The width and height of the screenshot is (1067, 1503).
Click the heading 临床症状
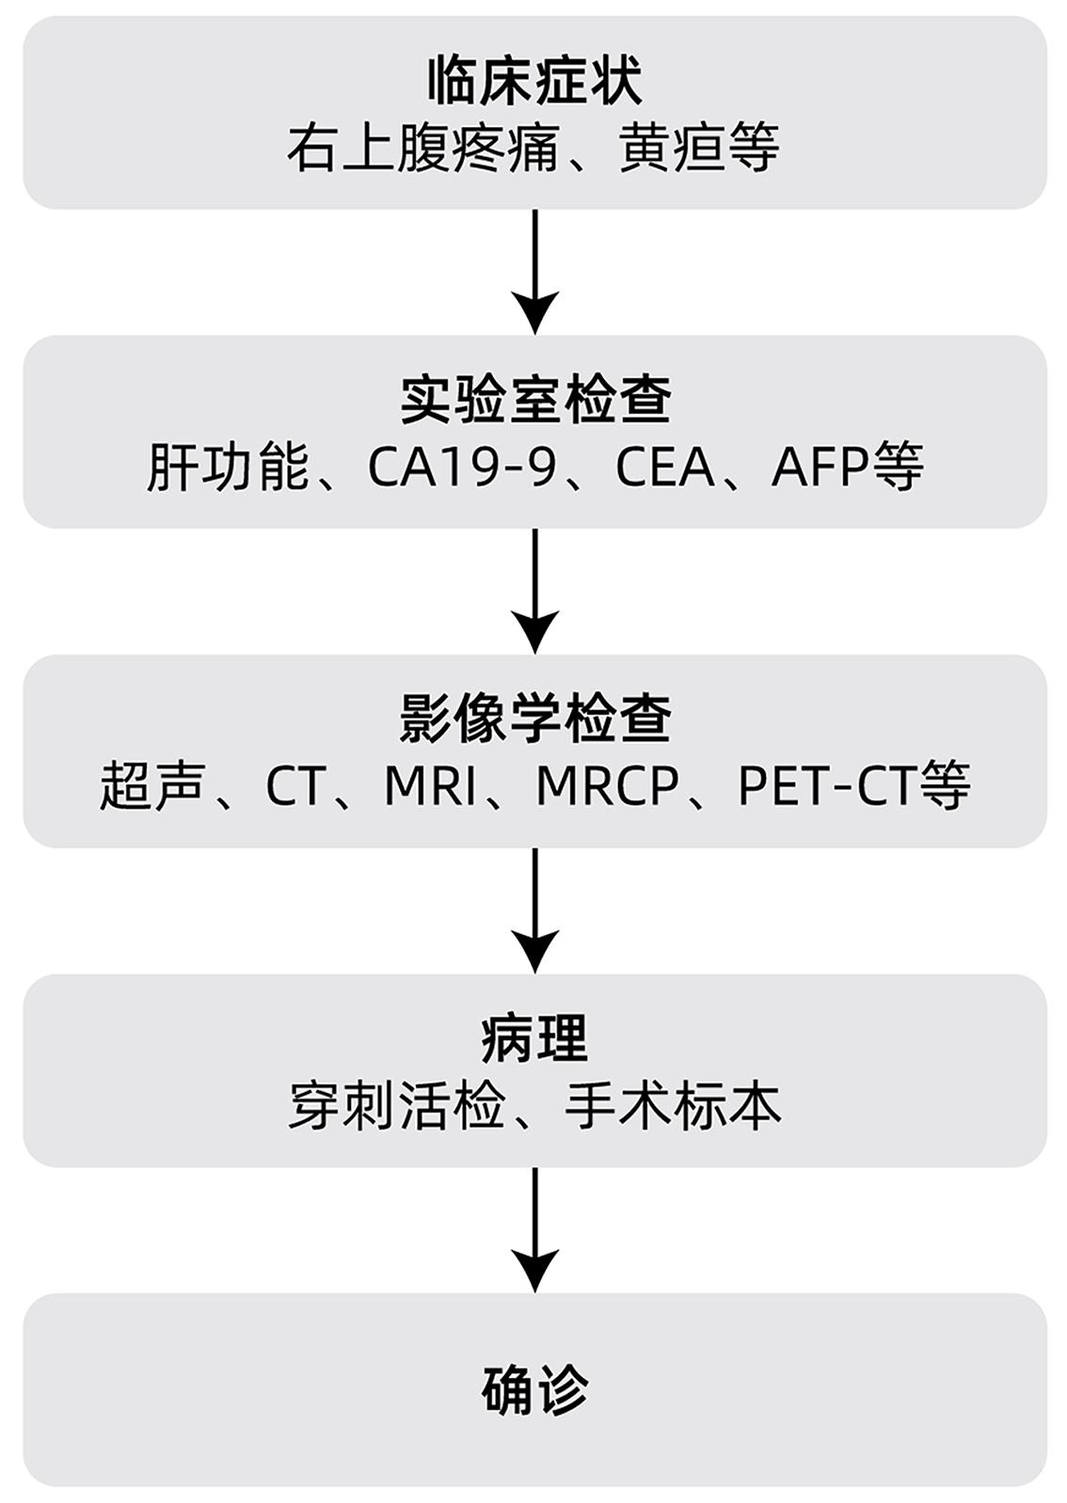coord(533,82)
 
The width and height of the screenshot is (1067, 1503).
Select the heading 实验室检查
coord(533,401)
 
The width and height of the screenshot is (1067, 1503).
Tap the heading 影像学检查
coord(533,720)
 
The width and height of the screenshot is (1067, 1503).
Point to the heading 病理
coord(533,1039)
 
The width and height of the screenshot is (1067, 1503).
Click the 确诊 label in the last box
coord(533,1389)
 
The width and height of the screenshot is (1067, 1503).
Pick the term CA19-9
coord(461,467)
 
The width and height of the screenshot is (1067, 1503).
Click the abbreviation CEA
coord(664,467)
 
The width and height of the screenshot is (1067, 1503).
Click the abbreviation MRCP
coord(607,786)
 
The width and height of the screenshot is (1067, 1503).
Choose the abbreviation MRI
coord(430,786)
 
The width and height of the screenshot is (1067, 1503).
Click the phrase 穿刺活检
coord(395,1106)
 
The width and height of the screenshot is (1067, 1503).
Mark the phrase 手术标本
coord(672,1106)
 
